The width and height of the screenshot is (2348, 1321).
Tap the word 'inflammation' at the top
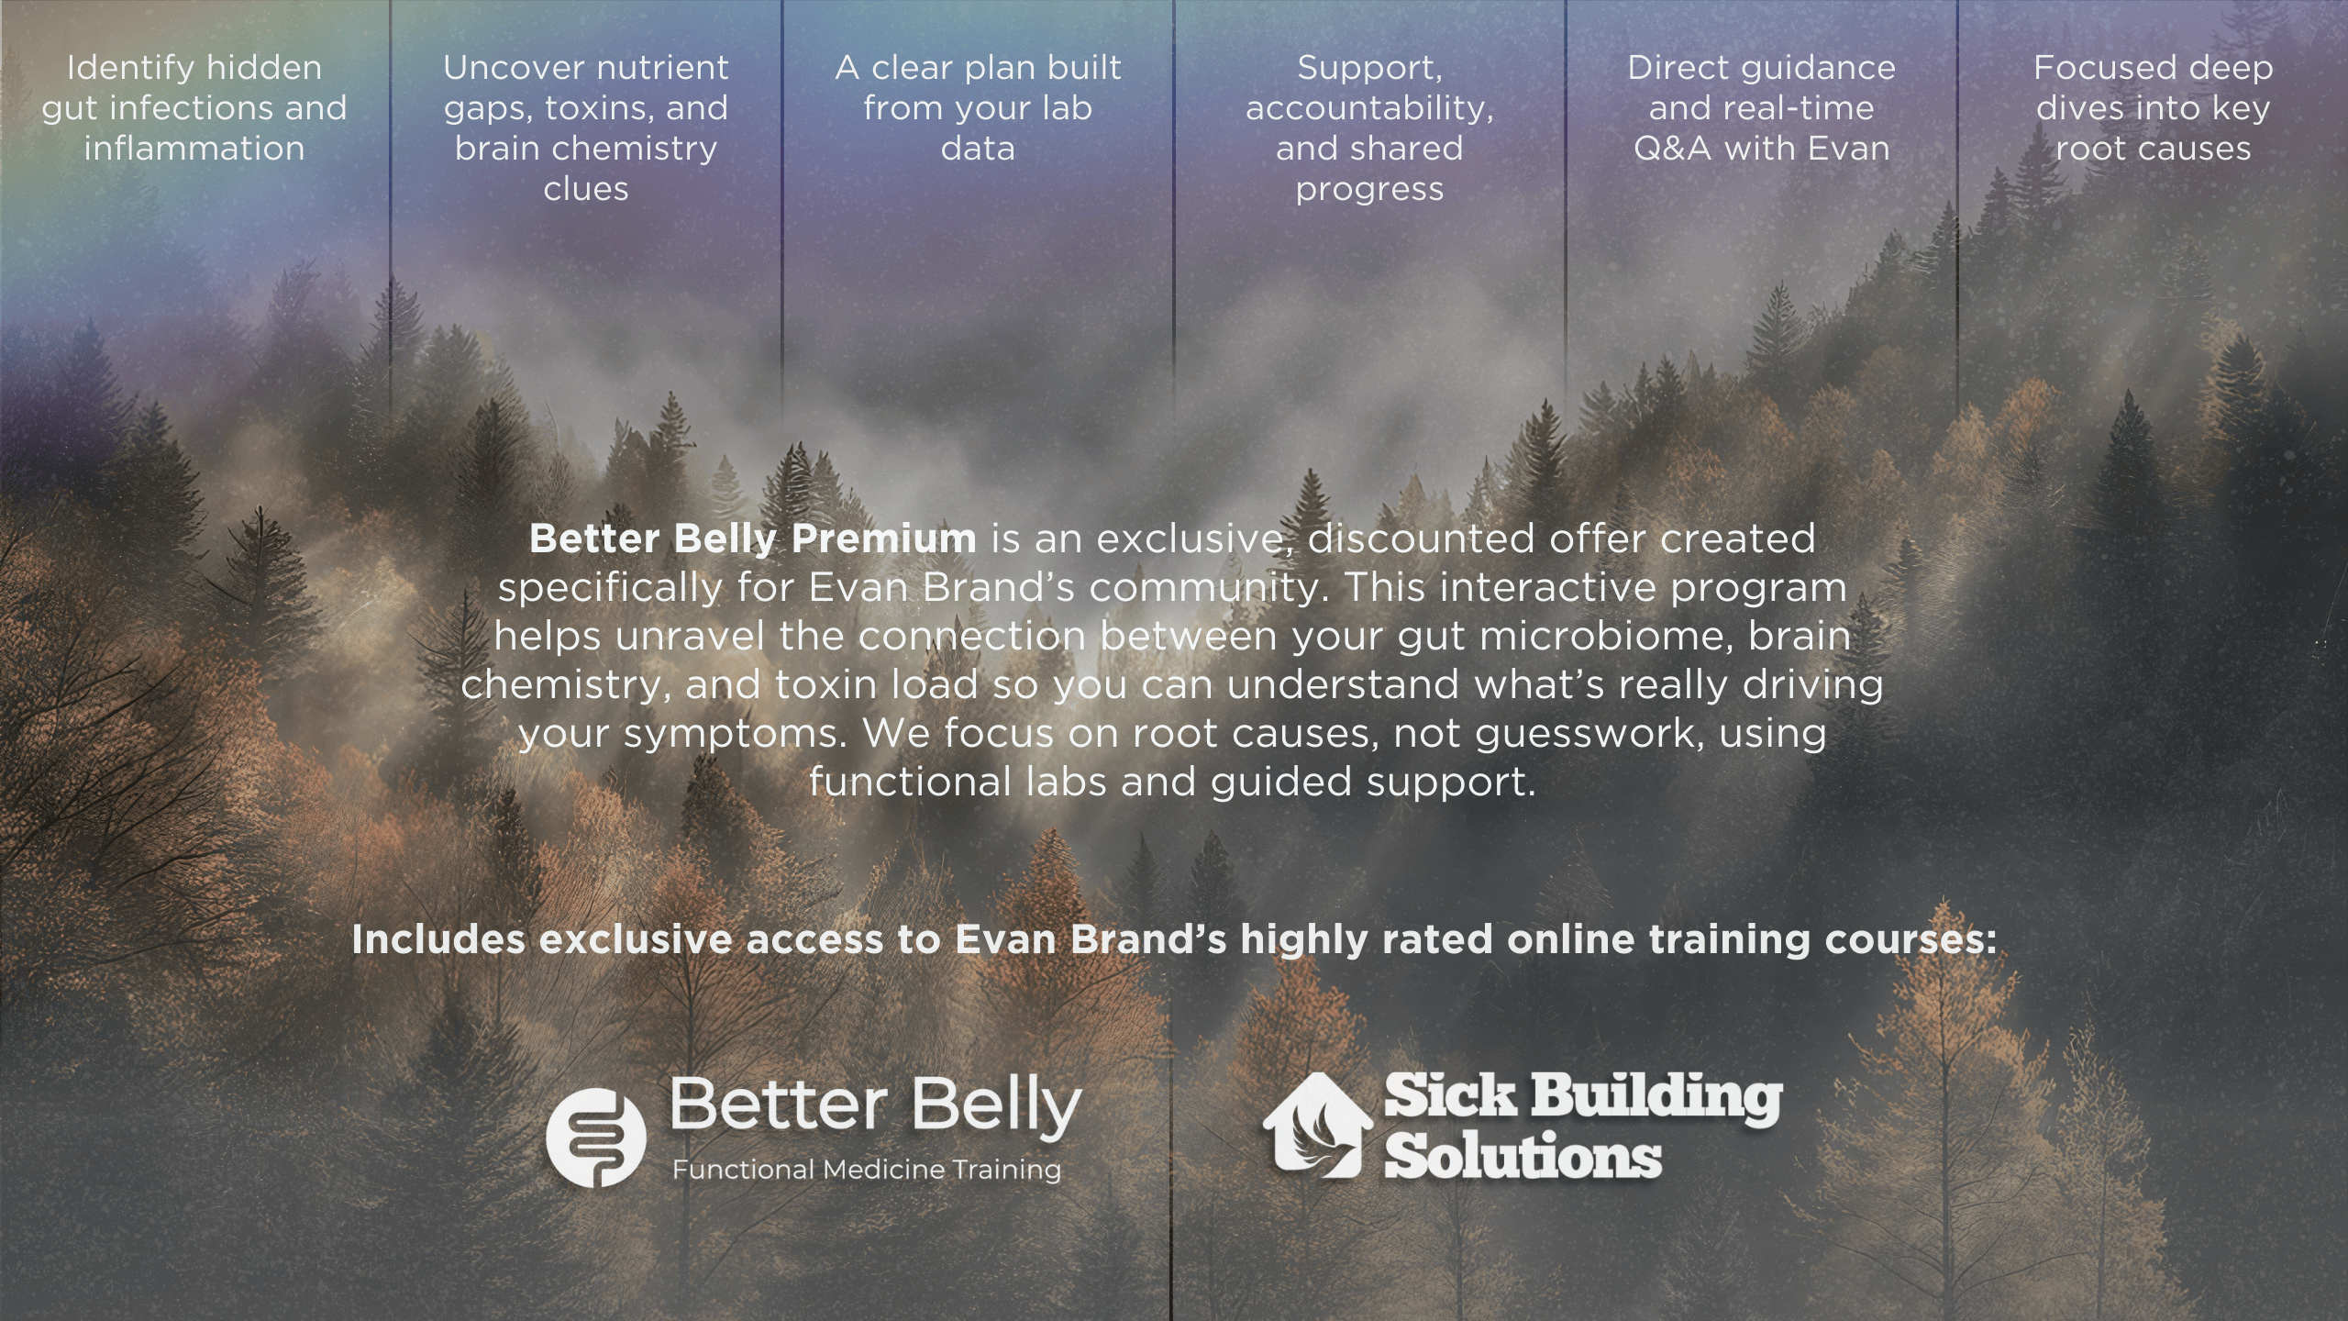coord(194,149)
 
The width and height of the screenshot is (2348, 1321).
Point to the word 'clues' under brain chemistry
coord(586,189)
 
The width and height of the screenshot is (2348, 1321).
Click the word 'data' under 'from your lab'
coord(978,149)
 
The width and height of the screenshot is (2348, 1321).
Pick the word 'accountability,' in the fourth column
coord(1369,108)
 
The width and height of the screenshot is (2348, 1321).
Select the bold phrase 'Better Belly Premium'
coord(753,538)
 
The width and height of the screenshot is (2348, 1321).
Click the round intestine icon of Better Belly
coord(596,1138)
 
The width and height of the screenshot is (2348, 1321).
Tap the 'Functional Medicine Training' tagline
coord(867,1170)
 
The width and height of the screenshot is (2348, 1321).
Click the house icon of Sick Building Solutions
coord(1317,1125)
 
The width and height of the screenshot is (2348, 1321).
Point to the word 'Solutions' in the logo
coord(1523,1156)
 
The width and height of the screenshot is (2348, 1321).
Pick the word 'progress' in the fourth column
coord(1369,189)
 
